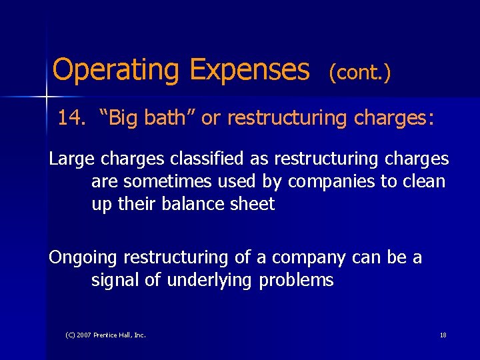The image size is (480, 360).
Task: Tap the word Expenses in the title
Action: pos(249,69)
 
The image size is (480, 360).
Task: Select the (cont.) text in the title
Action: pos(359,73)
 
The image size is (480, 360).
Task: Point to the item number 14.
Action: pos(71,119)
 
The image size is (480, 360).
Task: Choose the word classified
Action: pos(218,159)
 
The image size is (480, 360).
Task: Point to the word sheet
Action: pos(251,204)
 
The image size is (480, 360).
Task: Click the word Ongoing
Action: pos(83,257)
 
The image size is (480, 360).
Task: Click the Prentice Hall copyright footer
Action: pos(106,335)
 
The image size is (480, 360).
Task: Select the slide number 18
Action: pos(443,335)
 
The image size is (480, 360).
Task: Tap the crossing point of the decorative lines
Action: pos(46,97)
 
